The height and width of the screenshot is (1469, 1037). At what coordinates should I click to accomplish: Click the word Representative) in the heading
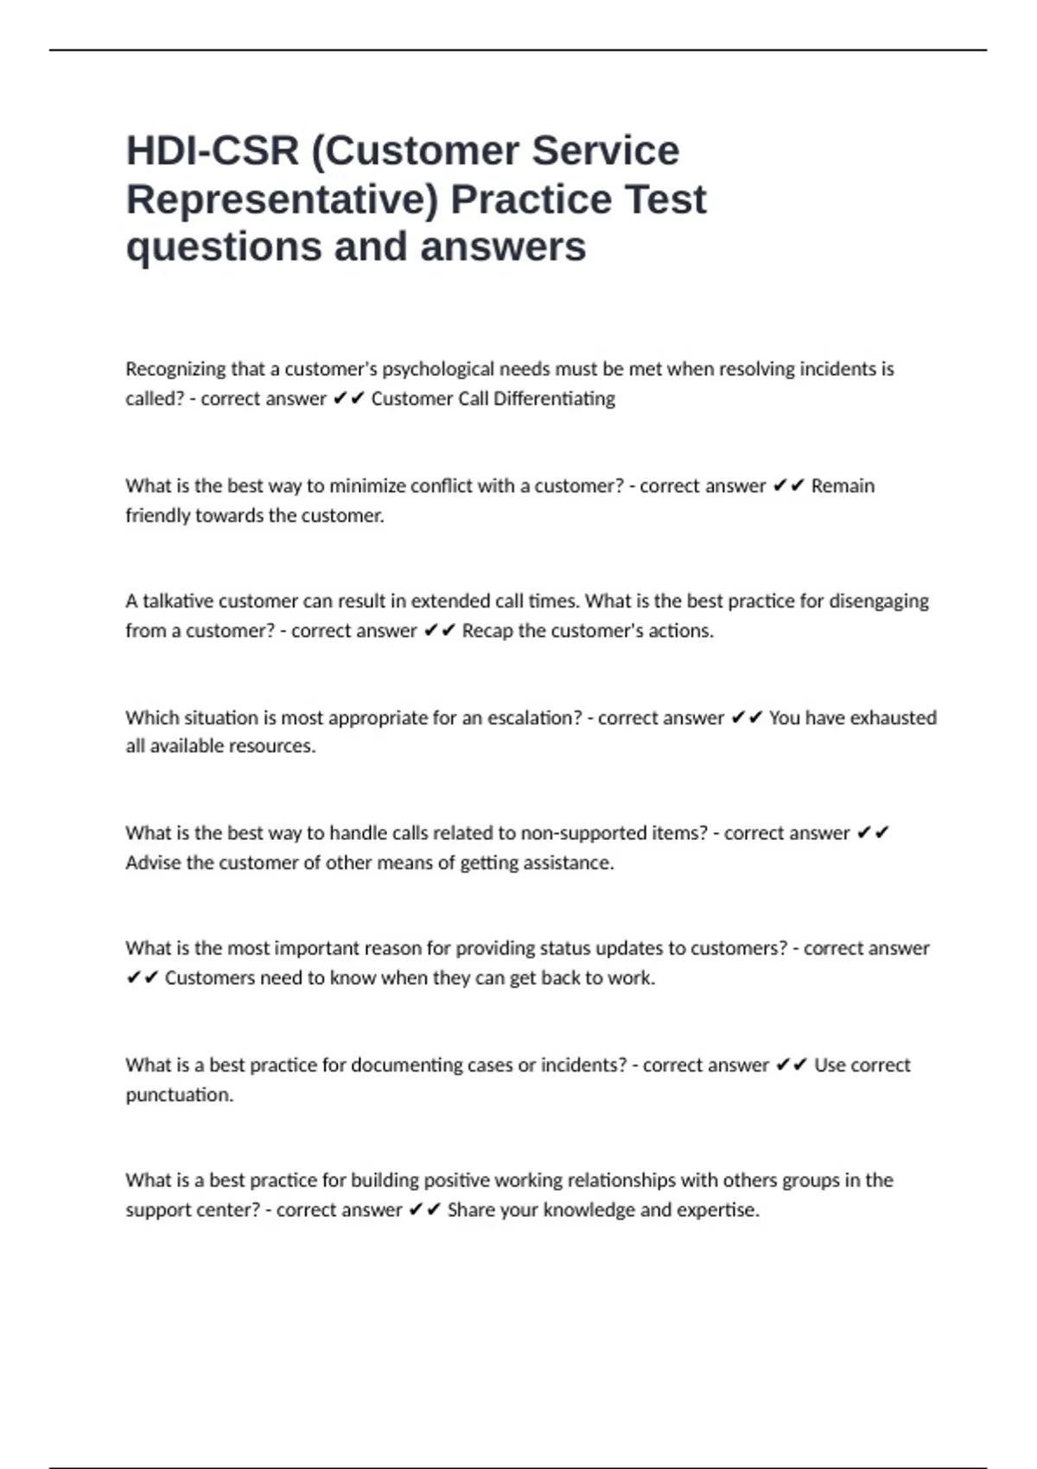pos(283,200)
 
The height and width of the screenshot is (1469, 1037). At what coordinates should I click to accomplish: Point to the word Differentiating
pos(554,399)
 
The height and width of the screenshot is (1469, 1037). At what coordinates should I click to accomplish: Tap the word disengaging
pos(878,601)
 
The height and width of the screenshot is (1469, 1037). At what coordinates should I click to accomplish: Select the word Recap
pos(487,631)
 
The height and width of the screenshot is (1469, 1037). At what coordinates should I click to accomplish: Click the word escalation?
pos(535,718)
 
